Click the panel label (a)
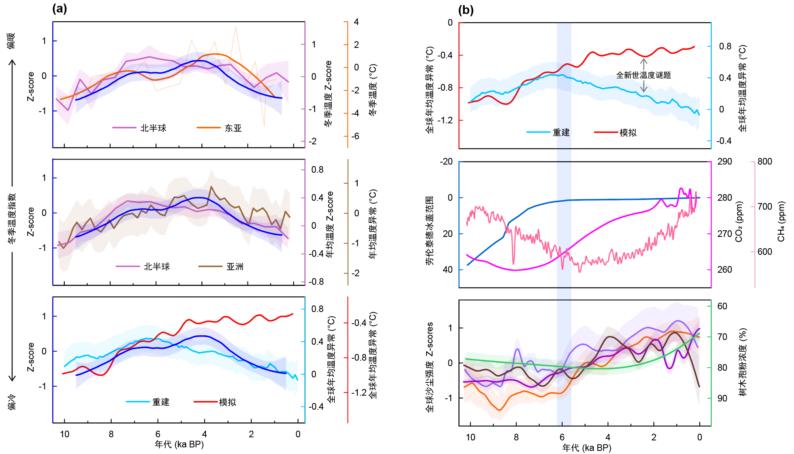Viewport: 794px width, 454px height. [60, 9]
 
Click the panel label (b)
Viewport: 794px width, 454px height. [466, 10]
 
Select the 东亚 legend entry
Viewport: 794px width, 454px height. [233, 128]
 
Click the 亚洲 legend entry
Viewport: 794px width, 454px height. [235, 266]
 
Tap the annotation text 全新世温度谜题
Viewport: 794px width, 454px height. [643, 75]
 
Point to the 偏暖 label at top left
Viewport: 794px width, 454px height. [11, 40]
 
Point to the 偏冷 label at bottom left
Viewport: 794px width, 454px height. [12, 401]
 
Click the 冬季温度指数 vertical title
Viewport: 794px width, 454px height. [12, 218]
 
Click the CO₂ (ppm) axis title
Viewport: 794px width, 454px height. [739, 222]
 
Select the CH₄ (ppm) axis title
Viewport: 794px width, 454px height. [781, 222]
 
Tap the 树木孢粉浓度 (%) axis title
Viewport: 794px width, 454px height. [743, 362]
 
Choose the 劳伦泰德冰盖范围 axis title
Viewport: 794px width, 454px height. [429, 231]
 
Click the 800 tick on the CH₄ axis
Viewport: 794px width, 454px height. [764, 161]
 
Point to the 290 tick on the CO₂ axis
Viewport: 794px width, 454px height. [724, 161]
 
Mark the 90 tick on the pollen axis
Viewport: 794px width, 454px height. [722, 398]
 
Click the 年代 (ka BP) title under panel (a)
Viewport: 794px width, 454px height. [179, 444]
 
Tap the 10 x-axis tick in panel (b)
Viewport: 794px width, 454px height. [470, 437]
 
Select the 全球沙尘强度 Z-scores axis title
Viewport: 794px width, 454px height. [429, 367]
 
